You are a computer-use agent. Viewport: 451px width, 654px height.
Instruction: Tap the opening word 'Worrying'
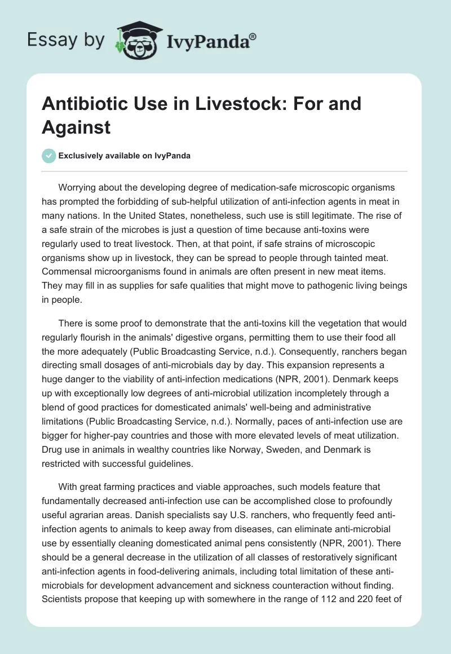(x=77, y=187)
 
